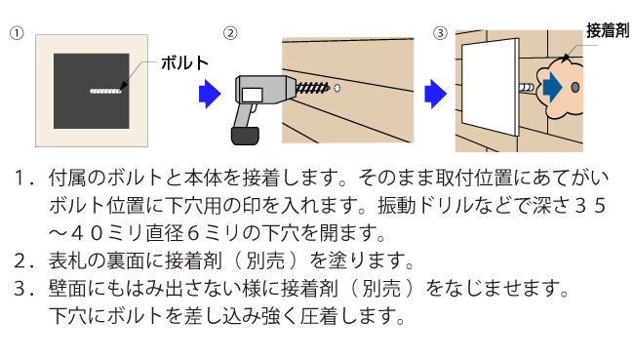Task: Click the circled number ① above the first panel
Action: [x=16, y=33]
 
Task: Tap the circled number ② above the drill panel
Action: [x=230, y=33]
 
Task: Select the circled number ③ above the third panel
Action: [x=441, y=33]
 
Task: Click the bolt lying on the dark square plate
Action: [x=105, y=92]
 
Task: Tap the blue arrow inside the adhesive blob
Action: [x=552, y=89]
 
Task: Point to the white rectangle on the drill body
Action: [x=252, y=95]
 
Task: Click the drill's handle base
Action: [x=240, y=136]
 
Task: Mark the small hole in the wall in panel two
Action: [x=337, y=88]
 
